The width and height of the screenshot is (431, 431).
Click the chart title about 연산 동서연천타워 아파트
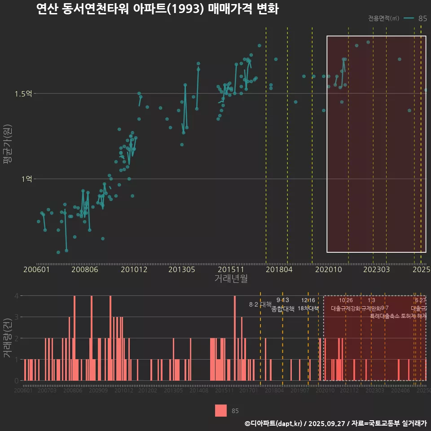click(157, 9)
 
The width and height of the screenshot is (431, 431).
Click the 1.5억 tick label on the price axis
click(23, 94)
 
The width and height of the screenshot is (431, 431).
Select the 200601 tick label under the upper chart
click(36, 269)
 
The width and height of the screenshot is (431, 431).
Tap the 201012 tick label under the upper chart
click(134, 269)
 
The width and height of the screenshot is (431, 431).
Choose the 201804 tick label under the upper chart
click(278, 269)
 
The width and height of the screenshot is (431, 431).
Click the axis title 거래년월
click(231, 278)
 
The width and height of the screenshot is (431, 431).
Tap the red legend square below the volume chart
click(221, 410)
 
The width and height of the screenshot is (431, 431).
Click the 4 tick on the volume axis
click(16, 296)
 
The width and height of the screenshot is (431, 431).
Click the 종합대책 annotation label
click(283, 309)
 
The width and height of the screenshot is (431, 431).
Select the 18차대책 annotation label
click(308, 308)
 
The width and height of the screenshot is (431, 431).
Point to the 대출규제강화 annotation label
click(346, 308)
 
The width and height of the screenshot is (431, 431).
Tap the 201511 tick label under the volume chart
click(224, 391)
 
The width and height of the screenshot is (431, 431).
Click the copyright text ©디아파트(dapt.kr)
click(274, 423)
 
